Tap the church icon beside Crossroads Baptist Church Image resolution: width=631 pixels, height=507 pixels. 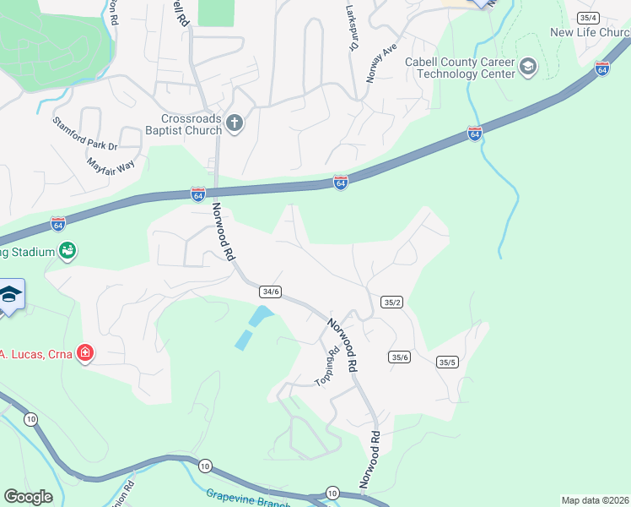[235, 124]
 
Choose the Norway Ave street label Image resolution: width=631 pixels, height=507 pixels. [382, 63]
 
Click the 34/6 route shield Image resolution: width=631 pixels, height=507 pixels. [271, 292]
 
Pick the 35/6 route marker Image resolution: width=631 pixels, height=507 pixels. [398, 357]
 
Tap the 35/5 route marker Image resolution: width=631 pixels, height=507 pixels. [447, 362]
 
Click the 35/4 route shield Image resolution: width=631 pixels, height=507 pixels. [588, 18]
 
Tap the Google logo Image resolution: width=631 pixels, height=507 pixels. [29, 497]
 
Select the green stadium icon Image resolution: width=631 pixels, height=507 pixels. [67, 251]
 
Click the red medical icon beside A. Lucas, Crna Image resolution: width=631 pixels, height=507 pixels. [84, 353]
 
